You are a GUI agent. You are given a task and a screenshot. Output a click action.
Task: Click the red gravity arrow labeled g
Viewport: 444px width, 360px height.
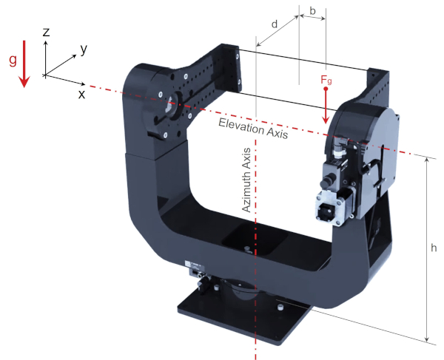pos(24,63)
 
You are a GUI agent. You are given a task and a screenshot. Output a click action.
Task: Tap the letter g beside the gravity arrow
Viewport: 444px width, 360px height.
pos(12,61)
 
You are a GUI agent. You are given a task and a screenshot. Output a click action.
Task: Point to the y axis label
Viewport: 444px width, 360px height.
pos(84,49)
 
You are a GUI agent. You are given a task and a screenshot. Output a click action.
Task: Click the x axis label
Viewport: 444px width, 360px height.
pos(82,94)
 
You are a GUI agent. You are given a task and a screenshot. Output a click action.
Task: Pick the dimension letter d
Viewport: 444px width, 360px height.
pos(275,24)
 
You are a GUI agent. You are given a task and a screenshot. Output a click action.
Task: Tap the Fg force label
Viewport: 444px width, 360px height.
pos(326,79)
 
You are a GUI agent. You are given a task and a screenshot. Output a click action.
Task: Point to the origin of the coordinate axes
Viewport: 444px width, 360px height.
pos(46,75)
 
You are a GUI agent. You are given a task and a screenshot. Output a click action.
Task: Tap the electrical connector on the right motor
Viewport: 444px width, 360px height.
pos(327,210)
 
